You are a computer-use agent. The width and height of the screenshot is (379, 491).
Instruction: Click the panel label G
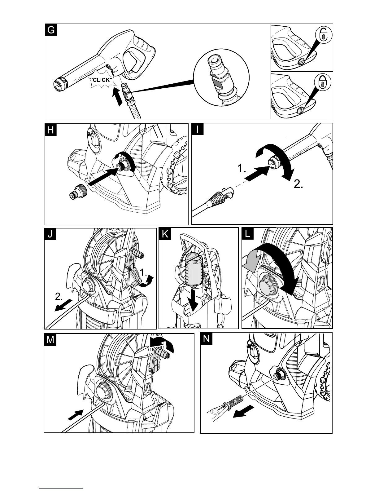(51, 30)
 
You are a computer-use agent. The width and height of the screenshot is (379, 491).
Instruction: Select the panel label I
(197, 130)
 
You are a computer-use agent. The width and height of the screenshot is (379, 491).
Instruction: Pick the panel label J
(50, 235)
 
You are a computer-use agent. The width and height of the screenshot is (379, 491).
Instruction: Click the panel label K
(165, 234)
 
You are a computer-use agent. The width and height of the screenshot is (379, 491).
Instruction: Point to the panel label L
(248, 234)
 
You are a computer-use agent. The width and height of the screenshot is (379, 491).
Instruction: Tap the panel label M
(50, 340)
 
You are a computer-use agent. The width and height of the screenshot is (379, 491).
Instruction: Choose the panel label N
(207, 339)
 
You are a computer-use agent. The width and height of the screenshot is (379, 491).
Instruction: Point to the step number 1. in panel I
(242, 169)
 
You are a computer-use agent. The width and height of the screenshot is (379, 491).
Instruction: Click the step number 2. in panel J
(59, 297)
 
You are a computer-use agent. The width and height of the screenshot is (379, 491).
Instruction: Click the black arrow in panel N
(243, 412)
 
